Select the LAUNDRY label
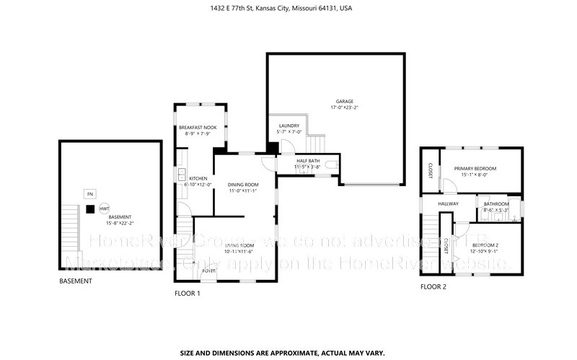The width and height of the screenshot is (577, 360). (x=288, y=126)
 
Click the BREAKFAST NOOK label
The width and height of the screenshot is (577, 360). (x=198, y=127)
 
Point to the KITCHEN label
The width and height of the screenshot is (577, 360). (x=198, y=178)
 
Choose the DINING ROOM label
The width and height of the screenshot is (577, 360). (x=243, y=185)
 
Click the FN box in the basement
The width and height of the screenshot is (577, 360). (x=90, y=194)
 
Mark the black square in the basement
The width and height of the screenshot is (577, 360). (x=89, y=209)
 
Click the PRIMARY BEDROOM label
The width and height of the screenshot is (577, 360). (x=475, y=168)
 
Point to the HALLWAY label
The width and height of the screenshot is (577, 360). (x=449, y=204)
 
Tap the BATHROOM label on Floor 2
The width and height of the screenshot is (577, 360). (x=496, y=204)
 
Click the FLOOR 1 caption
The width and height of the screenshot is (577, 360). (x=188, y=294)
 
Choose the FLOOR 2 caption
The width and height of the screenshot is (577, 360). (x=433, y=287)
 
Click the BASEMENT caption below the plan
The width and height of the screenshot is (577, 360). (x=76, y=280)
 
